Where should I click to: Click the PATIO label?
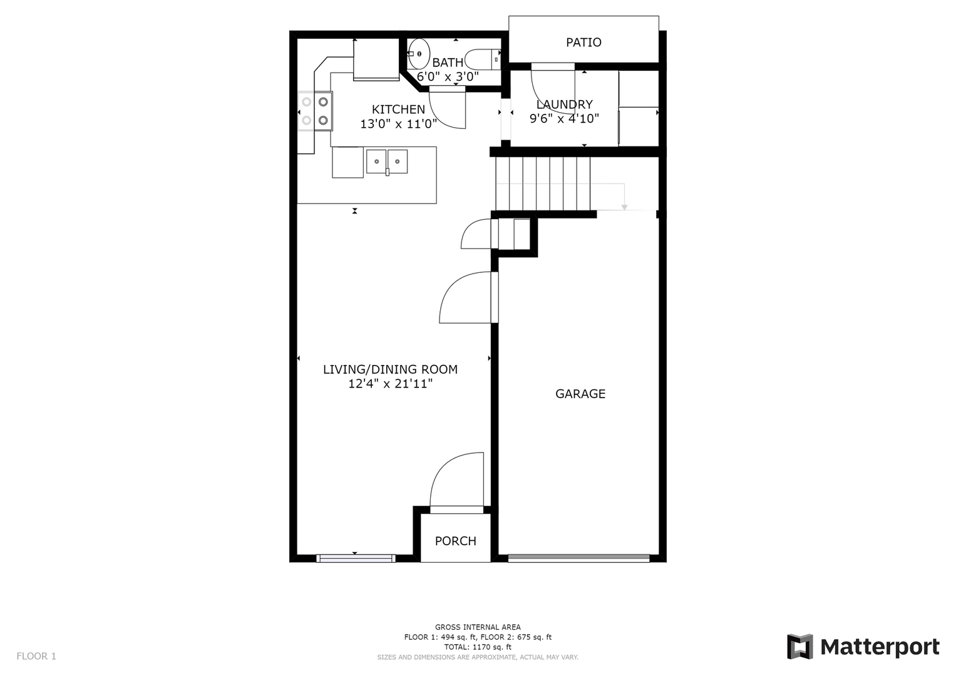pos(583,43)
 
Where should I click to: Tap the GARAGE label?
pos(580,394)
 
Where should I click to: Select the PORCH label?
pos(455,541)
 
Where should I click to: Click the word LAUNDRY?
pos(564,104)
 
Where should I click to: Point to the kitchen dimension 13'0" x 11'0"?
pos(398,124)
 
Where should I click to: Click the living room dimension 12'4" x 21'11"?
pos(391,384)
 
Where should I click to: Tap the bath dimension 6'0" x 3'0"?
pos(448,77)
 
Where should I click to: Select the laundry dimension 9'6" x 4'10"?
pos(564,118)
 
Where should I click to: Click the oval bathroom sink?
pos(418,54)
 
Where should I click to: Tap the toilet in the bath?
pos(483,59)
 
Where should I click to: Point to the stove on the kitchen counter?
pos(315,111)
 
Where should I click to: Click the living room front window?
pos(356,558)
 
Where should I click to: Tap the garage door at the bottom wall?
pos(578,558)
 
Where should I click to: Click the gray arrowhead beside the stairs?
pos(624,207)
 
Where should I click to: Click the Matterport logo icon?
pos(799,647)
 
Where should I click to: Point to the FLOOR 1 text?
pos(36,656)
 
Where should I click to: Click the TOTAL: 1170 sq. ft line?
pos(478,647)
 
